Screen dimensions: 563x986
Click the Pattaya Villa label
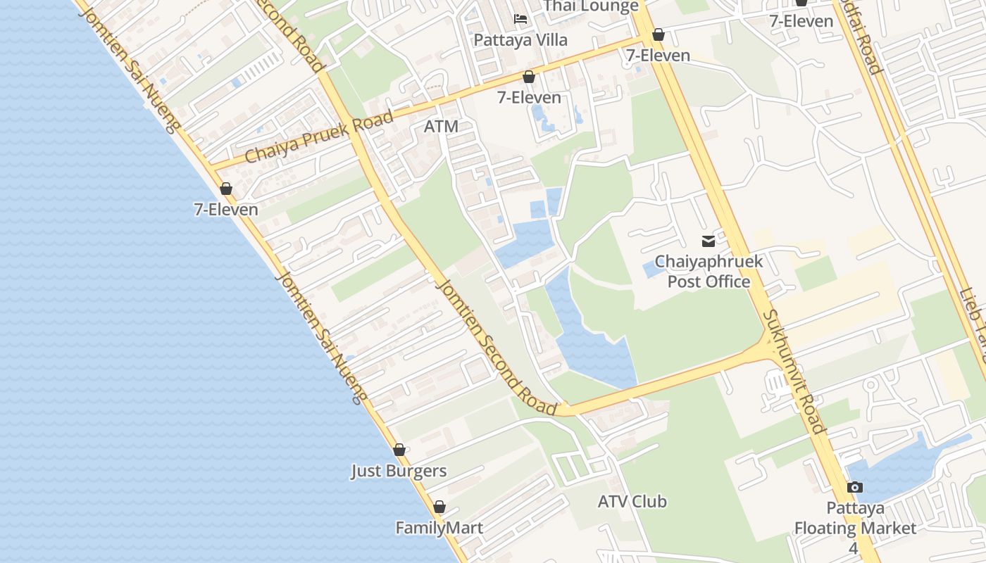point(520,39)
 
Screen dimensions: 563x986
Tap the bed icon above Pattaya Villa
point(520,18)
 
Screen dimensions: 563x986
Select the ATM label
point(442,127)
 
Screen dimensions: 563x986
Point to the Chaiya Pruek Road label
point(319,137)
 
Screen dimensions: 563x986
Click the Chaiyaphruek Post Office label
point(709,272)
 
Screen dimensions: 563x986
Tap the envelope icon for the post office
point(709,241)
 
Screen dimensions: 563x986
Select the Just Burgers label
point(399,471)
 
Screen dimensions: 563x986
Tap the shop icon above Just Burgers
point(399,450)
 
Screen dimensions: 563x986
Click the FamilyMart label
point(439,528)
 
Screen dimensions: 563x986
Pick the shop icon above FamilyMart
point(439,507)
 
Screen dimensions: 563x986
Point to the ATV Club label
point(632,502)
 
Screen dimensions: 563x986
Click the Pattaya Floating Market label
point(854,518)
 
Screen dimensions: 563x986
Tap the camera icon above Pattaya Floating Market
point(854,487)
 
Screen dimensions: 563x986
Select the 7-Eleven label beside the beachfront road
point(226,210)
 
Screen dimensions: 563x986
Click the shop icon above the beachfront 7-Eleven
point(226,189)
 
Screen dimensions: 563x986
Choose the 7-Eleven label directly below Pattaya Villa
point(529,98)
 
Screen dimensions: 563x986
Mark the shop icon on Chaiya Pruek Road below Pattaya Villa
point(529,77)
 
